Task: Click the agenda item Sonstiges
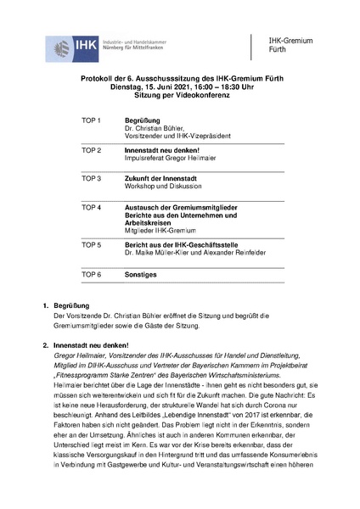tap(143, 275)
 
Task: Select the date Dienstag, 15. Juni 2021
tap(148, 87)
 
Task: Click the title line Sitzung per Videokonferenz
tap(181, 95)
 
